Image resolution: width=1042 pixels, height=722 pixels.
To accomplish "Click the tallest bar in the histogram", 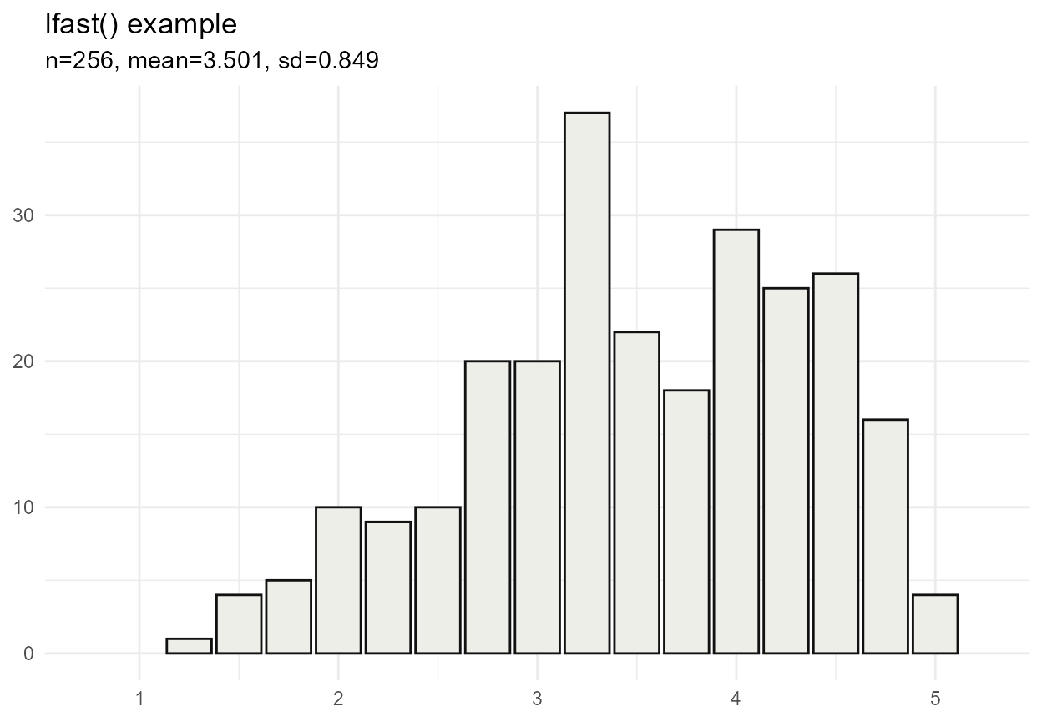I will click(x=587, y=383).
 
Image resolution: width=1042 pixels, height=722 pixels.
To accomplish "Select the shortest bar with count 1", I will click(x=189, y=646).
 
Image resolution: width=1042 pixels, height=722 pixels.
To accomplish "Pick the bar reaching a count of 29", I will click(x=736, y=442).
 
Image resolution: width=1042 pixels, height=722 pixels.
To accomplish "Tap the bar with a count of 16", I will click(x=885, y=536).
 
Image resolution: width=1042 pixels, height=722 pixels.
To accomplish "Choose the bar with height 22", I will click(x=636, y=492).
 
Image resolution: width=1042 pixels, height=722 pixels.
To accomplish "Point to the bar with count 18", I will click(x=686, y=522).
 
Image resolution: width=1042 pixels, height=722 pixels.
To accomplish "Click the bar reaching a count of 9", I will click(x=388, y=588).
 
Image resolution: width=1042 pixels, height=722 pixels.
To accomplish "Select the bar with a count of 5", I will click(x=289, y=617).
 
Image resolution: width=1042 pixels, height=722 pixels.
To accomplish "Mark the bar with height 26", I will click(x=835, y=463).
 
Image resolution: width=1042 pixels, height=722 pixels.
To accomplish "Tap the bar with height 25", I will click(x=786, y=471).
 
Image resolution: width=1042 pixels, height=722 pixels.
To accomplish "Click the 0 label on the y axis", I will click(x=28, y=654).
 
